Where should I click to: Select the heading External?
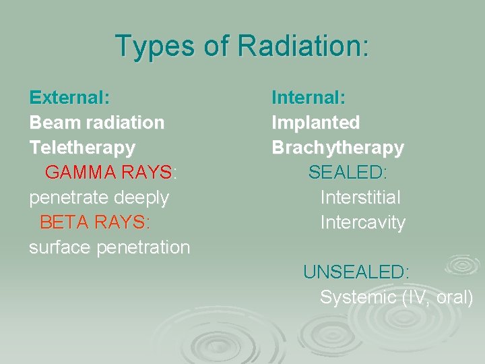pos(69,98)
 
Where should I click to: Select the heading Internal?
pos(309,98)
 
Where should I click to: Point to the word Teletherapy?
pos(82,148)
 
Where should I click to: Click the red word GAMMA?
pos(81,173)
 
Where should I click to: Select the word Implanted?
pos(315,123)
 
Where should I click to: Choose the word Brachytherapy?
pos(337,148)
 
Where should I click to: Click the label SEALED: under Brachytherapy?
pos(348,173)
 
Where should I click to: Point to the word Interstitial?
pos(360,198)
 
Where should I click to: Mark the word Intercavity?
pos(362,222)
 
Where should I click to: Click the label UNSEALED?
pos(356,272)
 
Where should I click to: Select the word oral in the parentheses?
pos(454,297)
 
